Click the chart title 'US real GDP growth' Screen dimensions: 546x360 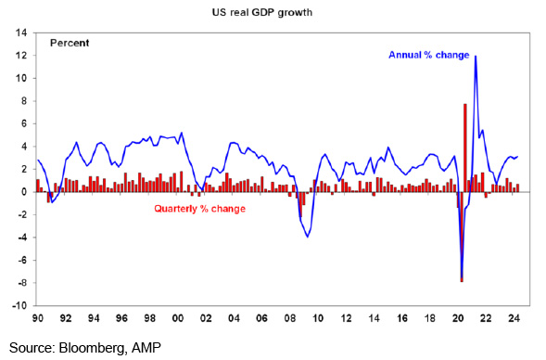(x=262, y=13)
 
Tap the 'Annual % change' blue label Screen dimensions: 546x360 (x=429, y=55)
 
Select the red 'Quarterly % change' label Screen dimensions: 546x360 (x=200, y=209)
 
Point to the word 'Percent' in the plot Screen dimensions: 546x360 (x=70, y=43)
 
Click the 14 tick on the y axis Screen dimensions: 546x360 (x=20, y=32)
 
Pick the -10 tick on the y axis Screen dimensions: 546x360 (x=19, y=305)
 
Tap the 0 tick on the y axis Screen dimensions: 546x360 (x=24, y=192)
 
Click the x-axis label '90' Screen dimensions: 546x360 (x=38, y=318)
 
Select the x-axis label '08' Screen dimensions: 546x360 (x=290, y=318)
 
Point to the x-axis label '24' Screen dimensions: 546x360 (x=514, y=318)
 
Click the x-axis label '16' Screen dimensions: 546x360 (x=401, y=318)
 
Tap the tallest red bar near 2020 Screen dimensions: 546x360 (x=464, y=148)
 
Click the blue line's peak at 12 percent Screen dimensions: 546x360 (x=476, y=56)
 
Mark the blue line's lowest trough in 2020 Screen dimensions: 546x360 (x=462, y=277)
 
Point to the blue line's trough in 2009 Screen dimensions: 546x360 (x=307, y=237)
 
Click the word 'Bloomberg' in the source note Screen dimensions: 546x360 (x=90, y=348)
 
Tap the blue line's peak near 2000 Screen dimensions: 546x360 (x=182, y=133)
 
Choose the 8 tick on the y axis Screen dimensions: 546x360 (x=24, y=101)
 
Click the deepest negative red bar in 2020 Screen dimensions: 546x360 (x=462, y=237)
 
